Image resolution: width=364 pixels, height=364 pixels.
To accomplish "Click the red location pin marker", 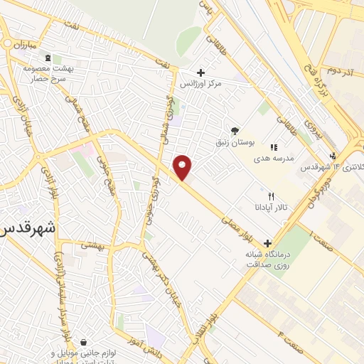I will (183, 167).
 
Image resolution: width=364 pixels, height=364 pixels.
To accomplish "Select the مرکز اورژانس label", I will (220, 84).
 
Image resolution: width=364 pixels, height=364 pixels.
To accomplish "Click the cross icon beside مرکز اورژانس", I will (200, 73).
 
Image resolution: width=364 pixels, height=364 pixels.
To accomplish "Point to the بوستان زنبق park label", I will (235, 142).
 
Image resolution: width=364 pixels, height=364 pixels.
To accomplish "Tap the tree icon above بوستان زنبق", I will (235, 130).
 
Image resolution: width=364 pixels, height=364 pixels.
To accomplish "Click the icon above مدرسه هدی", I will (274, 147).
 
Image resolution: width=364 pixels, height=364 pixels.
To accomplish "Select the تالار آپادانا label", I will (271, 208).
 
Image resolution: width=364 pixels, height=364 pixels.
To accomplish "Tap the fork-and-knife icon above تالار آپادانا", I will (271, 196).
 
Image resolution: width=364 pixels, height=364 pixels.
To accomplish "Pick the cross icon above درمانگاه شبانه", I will (267, 242).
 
